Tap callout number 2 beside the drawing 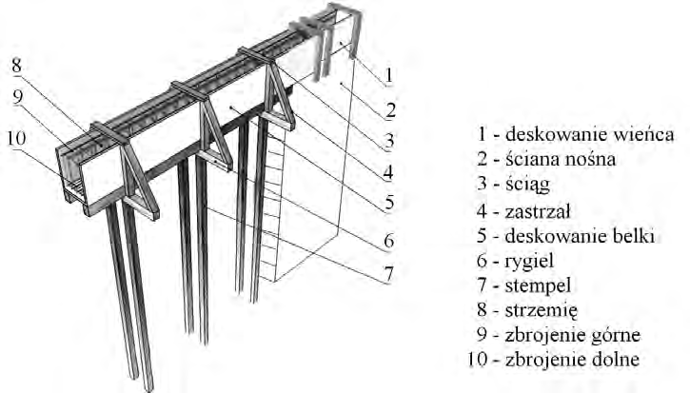(391, 110)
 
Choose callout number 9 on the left (17, 96)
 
